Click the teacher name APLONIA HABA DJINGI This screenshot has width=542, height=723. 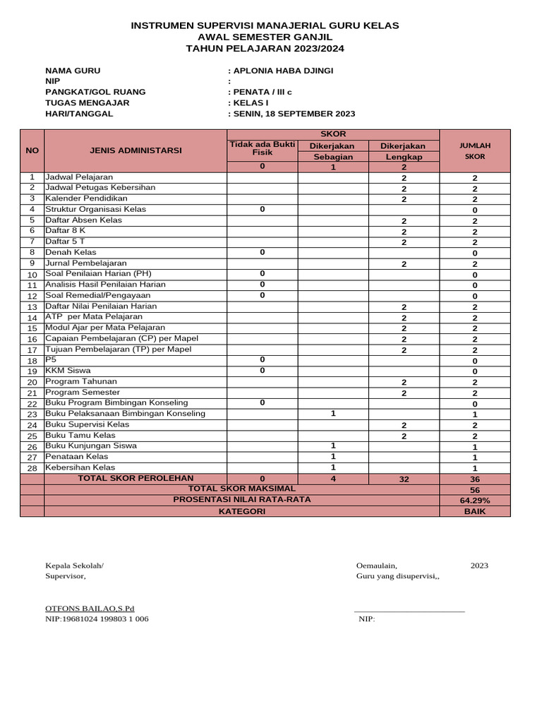[282, 71]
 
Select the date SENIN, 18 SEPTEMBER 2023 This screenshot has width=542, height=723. [293, 114]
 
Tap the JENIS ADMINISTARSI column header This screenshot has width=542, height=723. [135, 150]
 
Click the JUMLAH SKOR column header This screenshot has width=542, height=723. [474, 150]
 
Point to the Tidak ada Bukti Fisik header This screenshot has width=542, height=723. [262, 148]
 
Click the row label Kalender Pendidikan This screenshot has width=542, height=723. [87, 199]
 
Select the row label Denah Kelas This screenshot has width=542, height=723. [71, 252]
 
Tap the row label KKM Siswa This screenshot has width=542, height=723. [68, 371]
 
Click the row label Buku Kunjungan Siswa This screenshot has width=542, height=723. [92, 446]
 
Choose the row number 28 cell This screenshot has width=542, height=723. [32, 468]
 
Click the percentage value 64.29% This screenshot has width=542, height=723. [474, 501]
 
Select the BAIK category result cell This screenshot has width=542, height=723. [474, 512]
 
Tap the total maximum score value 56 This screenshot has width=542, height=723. [474, 490]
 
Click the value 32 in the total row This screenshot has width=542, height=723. [404, 479]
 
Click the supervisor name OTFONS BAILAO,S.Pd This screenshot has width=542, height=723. [90, 608]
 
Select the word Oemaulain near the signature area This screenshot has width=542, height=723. [377, 566]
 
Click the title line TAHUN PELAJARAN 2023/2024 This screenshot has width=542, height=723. [265, 49]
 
